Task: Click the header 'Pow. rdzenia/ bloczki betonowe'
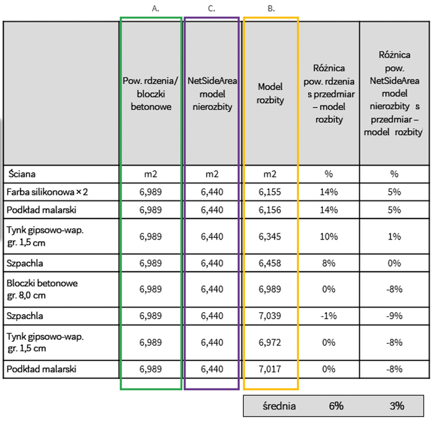click(x=151, y=93)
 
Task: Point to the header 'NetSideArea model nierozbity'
click(x=212, y=93)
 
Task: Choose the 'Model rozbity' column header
click(x=270, y=93)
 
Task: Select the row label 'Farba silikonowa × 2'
click(x=46, y=192)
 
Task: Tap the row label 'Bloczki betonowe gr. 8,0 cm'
click(x=42, y=289)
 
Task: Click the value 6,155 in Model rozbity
click(x=270, y=192)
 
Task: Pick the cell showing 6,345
click(x=270, y=236)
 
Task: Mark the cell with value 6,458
click(x=270, y=263)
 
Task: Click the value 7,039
click(x=270, y=316)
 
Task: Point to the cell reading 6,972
click(x=270, y=342)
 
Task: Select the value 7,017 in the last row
click(x=270, y=369)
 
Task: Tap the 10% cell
click(x=329, y=236)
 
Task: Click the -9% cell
click(x=394, y=316)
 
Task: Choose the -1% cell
click(x=329, y=316)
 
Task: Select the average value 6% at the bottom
click(x=336, y=406)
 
